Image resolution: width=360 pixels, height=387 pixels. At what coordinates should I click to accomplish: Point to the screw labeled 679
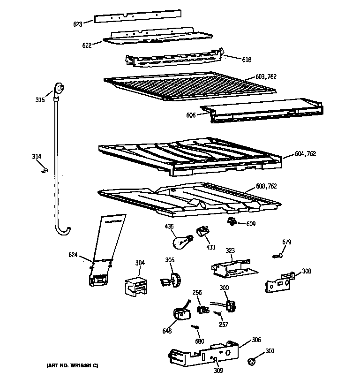pos(277,255)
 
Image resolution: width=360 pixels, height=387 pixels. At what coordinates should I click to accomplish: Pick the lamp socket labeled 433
pos(203,231)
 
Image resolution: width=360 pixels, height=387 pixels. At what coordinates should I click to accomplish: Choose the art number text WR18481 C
pos(72,366)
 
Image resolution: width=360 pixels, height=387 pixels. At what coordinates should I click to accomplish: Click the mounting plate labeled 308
pos(279,283)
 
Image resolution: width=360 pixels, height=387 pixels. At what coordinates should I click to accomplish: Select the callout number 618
pos(247,60)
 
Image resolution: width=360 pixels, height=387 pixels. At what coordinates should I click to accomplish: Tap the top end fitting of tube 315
pos(60,88)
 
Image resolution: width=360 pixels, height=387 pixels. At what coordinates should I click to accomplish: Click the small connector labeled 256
pos(203,310)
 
